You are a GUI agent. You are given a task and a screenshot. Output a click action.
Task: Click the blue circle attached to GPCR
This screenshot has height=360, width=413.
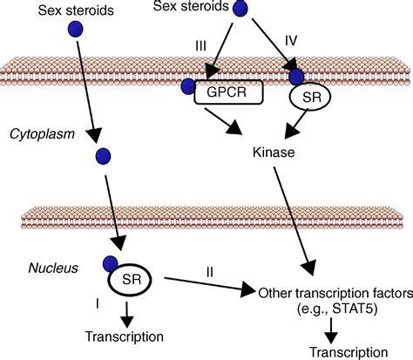pyautogui.click(x=187, y=86)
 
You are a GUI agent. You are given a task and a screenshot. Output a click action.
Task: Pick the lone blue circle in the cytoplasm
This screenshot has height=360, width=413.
pyautogui.click(x=104, y=157)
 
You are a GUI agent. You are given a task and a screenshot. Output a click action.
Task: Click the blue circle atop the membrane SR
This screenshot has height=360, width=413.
pyautogui.click(x=298, y=78)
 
